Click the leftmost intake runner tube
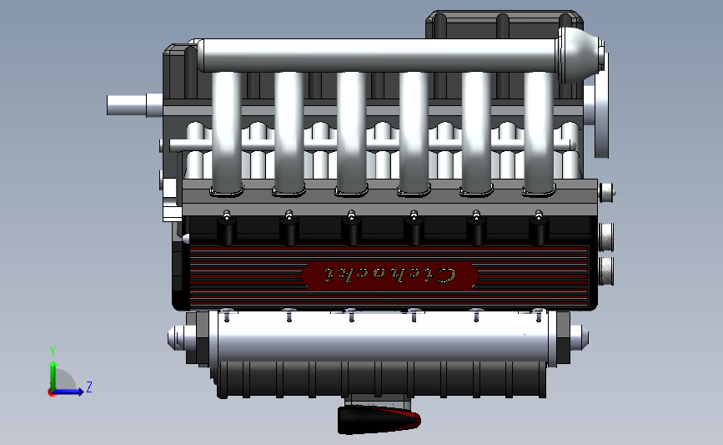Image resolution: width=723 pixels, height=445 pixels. [x=227, y=134]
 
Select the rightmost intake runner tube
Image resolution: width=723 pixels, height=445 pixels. [x=539, y=134]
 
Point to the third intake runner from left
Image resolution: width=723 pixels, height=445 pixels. [x=351, y=134]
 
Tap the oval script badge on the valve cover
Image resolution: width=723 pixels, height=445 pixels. [x=389, y=274]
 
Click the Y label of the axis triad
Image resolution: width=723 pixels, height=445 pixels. [x=52, y=351]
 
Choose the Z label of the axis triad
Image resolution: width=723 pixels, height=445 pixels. [x=88, y=387]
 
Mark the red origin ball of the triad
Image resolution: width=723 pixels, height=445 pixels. [x=53, y=392]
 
